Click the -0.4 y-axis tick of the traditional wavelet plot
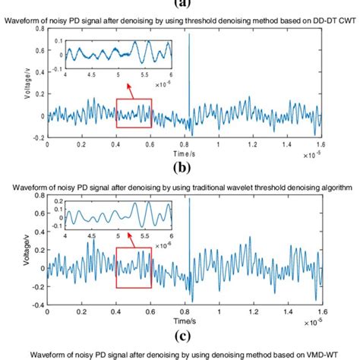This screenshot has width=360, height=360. tap(37, 314)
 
